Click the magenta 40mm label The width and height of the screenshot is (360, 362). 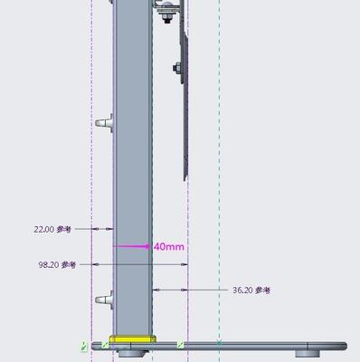[169, 247]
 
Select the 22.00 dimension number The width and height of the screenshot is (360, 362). [44, 229]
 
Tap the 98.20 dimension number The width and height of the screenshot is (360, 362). [49, 265]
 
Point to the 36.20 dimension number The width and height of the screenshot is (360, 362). [242, 291]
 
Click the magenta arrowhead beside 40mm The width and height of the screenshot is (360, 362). [147, 246]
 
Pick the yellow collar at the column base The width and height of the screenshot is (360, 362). [133, 339]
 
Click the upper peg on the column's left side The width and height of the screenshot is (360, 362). [105, 122]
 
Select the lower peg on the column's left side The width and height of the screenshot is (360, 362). [105, 300]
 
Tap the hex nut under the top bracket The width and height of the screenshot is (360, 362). [166, 18]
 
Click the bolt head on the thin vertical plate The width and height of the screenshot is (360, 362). [177, 68]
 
